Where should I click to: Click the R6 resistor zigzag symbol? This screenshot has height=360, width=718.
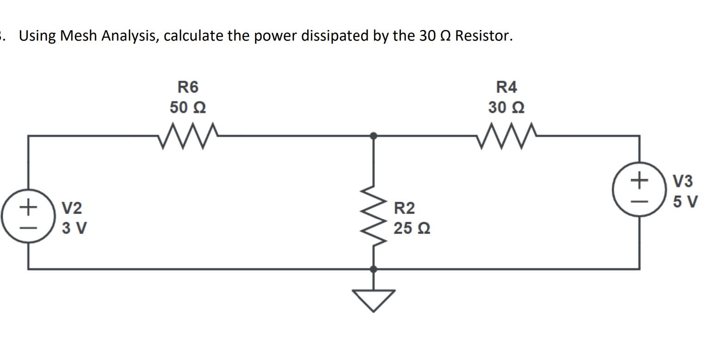pos(188,136)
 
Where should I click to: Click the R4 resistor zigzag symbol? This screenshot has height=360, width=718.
pos(507,136)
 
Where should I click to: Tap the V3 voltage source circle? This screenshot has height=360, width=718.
pos(639,189)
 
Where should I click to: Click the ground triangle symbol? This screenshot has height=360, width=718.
pos(374,299)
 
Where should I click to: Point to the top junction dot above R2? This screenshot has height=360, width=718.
pos(374,136)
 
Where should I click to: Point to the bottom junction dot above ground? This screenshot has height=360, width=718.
pos(374,269)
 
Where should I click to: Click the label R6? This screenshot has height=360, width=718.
pos(188,87)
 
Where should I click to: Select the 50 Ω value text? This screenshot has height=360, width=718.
pos(188,108)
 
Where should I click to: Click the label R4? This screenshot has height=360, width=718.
pos(507,87)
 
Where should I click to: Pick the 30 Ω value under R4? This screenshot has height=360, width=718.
pos(507,108)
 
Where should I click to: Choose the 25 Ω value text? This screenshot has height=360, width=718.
pos(412,228)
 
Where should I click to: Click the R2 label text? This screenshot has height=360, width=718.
pos(404,209)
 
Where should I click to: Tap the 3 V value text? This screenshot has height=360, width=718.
pos(74,228)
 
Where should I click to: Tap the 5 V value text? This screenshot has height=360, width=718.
pos(685,202)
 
